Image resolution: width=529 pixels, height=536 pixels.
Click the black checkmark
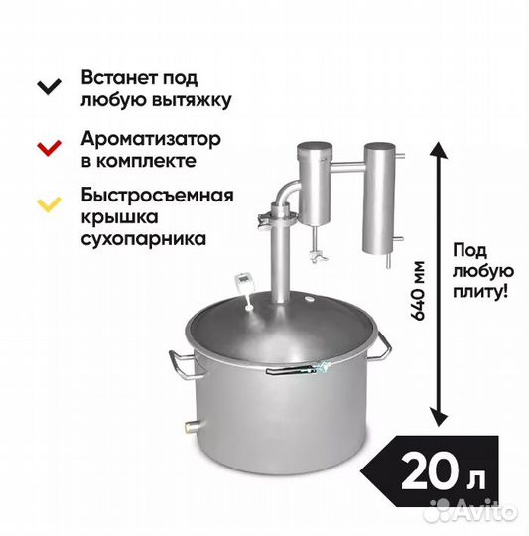[49, 86]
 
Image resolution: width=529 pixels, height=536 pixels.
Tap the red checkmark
[49, 148]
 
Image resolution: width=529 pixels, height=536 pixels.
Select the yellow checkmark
[49, 204]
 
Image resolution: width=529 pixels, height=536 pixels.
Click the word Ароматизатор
[151, 139]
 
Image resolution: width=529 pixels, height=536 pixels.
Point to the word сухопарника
[144, 239]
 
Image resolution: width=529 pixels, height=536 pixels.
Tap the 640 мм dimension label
[417, 290]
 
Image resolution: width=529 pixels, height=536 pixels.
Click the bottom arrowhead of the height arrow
[439, 418]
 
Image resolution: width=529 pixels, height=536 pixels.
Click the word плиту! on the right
[480, 292]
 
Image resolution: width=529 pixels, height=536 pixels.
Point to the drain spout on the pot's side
[194, 425]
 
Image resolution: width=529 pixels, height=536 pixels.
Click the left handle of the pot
[185, 365]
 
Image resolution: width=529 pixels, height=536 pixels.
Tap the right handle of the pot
[382, 346]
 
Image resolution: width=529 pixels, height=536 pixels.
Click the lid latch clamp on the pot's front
[298, 368]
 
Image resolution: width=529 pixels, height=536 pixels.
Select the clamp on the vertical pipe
[277, 218]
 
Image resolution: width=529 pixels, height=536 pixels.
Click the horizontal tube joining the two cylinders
[348, 167]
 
